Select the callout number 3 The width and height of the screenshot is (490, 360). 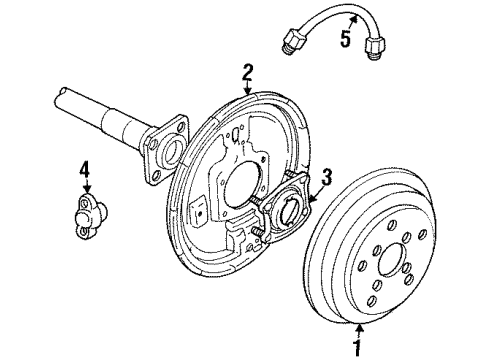tap(326, 177)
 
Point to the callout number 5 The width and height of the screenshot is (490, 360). tap(346, 41)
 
